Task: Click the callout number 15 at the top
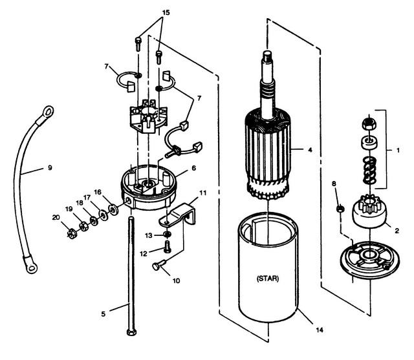tap(166, 13)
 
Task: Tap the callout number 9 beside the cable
tap(50, 167)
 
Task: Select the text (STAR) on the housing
tap(267, 279)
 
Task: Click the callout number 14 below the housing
tap(320, 330)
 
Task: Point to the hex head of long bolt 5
tap(131, 332)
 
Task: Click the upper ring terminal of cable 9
tap(48, 112)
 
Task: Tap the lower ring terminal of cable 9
tap(32, 268)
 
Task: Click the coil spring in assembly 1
tap(369, 171)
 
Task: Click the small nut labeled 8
tap(340, 209)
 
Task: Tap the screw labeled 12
tap(167, 246)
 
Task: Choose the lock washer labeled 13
tap(167, 234)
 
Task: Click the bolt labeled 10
tap(159, 265)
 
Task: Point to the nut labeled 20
tap(72, 233)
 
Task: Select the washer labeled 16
tap(114, 209)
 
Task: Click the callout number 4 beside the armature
tap(310, 150)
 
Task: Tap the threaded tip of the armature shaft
tap(267, 56)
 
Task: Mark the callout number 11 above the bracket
tap(202, 193)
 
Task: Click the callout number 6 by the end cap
tap(194, 168)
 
